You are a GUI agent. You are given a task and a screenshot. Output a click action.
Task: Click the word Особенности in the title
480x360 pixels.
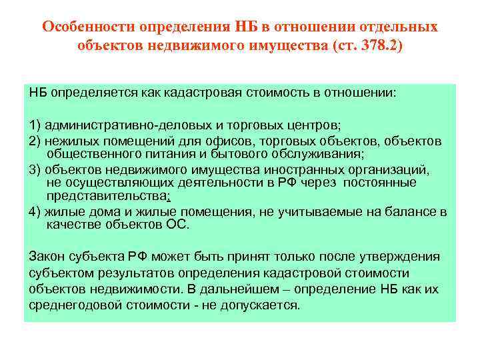tap(88, 27)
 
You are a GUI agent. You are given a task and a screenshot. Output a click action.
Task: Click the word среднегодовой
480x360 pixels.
tap(75, 306)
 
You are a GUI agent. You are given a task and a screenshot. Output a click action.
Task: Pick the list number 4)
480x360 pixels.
tap(37, 212)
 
